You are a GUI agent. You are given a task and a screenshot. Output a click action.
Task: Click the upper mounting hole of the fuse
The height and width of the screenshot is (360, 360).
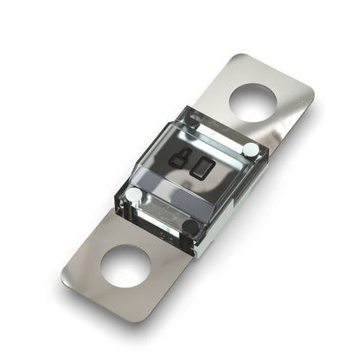(x=254, y=102)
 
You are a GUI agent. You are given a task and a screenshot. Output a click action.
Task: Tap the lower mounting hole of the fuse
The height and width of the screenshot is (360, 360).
(x=125, y=266)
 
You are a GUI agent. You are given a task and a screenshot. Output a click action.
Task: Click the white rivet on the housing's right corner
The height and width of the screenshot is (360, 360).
(x=249, y=150)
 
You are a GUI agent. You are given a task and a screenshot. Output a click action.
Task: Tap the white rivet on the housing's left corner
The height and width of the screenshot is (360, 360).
(x=135, y=196)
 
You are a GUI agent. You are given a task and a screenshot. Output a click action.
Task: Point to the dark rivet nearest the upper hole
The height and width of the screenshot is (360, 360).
(x=196, y=121)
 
